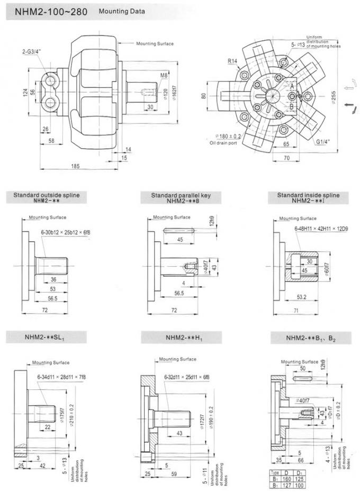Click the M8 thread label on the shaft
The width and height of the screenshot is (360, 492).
pyautogui.click(x=164, y=75)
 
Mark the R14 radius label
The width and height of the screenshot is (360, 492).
pyautogui.click(x=233, y=62)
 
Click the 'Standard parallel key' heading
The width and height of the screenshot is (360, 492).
pyautogui.click(x=181, y=195)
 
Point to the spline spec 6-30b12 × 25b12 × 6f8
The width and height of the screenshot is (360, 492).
pyautogui.click(x=66, y=232)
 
